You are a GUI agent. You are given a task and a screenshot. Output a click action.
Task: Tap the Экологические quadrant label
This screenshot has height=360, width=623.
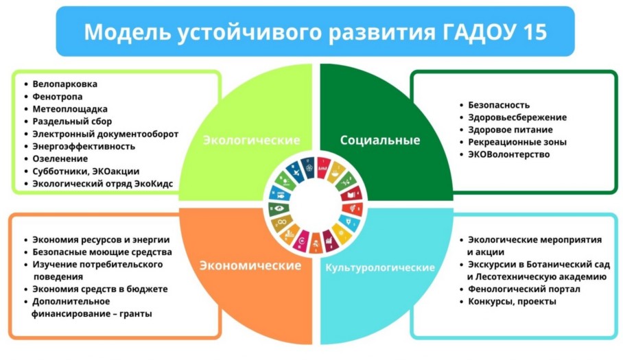(x=252, y=140)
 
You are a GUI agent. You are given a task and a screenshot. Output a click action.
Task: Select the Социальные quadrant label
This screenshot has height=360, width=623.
(x=380, y=140)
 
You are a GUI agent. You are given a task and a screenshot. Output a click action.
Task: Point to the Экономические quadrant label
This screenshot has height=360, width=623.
(x=250, y=265)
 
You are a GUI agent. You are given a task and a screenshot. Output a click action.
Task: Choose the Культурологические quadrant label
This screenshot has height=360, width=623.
(x=380, y=267)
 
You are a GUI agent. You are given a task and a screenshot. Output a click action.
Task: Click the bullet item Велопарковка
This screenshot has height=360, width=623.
(x=64, y=84)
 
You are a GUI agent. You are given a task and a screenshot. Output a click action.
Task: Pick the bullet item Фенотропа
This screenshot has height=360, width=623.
(x=58, y=97)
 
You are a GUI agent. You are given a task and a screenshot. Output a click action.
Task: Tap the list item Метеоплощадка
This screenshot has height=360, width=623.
(x=70, y=109)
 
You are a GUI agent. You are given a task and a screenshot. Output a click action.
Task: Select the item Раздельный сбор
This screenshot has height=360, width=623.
(x=72, y=121)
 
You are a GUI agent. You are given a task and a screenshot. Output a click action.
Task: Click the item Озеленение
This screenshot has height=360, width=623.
(x=60, y=159)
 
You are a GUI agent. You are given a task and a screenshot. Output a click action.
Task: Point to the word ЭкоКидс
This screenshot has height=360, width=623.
(x=154, y=184)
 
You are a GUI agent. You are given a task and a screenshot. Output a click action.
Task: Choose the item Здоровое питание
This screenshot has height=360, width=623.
(x=510, y=130)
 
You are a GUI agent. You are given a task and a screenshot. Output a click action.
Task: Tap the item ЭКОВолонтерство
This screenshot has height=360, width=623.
(x=508, y=154)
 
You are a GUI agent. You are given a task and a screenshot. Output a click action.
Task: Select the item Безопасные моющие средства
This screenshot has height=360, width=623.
(x=102, y=252)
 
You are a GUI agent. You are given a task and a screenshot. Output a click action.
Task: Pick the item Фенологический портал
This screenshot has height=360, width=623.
(x=524, y=289)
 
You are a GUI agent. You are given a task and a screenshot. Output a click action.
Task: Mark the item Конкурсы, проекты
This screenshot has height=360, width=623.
(x=512, y=302)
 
